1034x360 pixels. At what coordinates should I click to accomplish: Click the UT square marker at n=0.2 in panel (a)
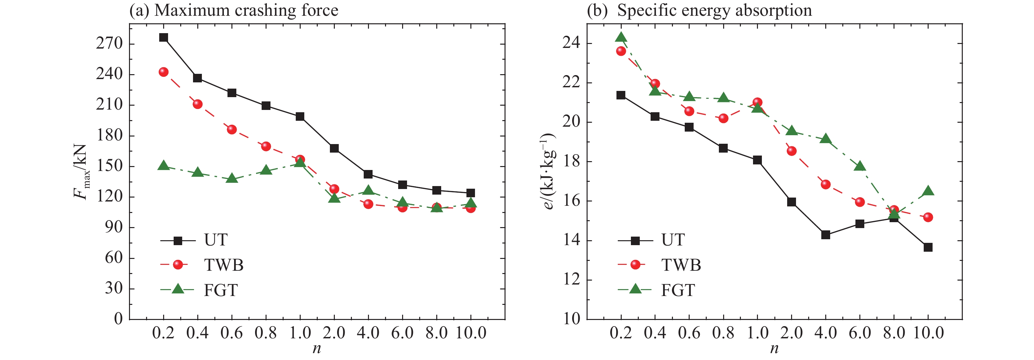[x=163, y=37]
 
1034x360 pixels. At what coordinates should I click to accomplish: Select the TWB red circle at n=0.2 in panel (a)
[x=163, y=72]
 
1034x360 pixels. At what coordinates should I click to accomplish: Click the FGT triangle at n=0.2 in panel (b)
[x=621, y=38]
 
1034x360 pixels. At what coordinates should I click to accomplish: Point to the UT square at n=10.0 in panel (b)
[x=928, y=247]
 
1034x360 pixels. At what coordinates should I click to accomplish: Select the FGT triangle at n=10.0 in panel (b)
[x=928, y=191]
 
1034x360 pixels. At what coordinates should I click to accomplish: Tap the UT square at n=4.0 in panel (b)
[x=826, y=235]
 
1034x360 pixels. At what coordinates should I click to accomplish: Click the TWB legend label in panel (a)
[x=224, y=265]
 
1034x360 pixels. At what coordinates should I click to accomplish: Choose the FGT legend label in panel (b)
[x=678, y=290]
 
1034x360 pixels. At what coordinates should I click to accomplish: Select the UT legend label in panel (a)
[x=216, y=240]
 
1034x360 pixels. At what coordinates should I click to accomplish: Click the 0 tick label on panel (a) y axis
[x=118, y=319]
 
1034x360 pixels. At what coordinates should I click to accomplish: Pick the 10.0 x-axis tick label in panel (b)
[x=928, y=333]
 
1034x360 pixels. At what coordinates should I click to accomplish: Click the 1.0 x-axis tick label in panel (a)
[x=300, y=333]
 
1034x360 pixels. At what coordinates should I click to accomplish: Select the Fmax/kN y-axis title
[x=80, y=172]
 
